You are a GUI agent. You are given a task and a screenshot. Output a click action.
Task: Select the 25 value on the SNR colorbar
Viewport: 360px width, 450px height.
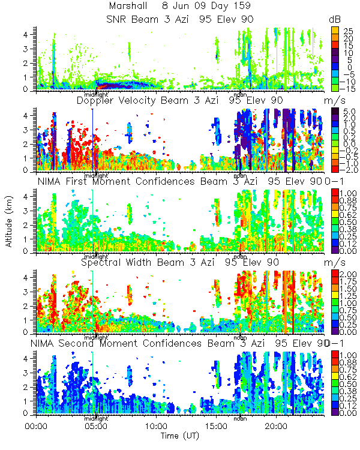point(347,30)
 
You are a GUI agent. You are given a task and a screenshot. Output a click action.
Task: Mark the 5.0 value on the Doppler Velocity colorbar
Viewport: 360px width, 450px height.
point(348,112)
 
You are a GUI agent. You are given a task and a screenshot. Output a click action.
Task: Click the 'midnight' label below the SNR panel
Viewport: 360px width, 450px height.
point(96,94)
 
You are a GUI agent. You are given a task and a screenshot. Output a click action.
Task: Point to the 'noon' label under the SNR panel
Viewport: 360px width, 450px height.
point(240,94)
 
